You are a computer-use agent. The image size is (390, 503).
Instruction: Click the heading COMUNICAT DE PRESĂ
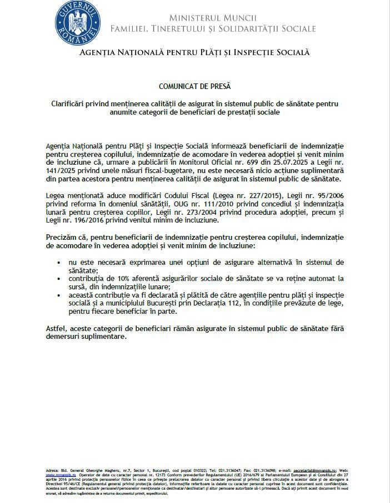pos(194,86)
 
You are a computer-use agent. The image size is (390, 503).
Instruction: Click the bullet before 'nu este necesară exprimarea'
pos(59,262)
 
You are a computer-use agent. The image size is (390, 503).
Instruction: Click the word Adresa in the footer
pos(54,470)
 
